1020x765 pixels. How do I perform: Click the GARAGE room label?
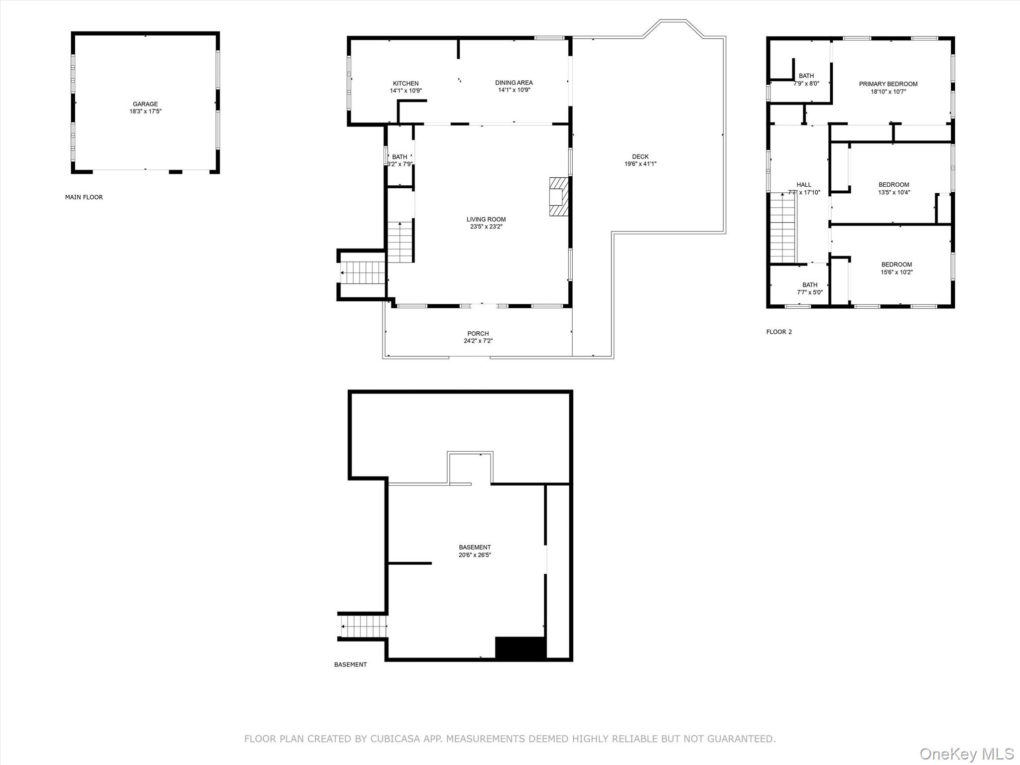145,104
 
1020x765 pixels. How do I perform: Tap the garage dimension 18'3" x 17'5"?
145,112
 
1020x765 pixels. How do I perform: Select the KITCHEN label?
405,83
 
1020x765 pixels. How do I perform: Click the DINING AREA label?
513,83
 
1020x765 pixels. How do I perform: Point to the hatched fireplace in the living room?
558,196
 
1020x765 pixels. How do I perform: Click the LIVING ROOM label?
486,219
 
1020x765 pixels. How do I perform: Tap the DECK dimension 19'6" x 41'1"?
640,164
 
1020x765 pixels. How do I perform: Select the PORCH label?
478,334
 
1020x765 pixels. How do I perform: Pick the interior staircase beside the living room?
400,243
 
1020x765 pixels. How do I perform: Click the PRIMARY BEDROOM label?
888,84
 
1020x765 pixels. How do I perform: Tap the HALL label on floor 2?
803,185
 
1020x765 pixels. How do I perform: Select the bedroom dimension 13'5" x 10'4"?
893,192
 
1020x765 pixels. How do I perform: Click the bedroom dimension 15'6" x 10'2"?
896,272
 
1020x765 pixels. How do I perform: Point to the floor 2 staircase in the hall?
783,228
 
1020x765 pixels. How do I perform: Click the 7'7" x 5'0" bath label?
809,292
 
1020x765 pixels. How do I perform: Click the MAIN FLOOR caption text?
84,197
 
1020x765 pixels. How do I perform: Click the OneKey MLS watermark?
966,754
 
